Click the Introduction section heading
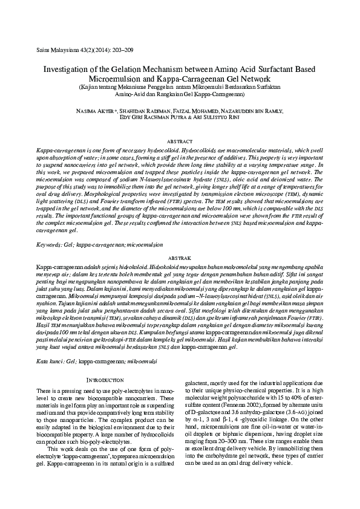[105, 380]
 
